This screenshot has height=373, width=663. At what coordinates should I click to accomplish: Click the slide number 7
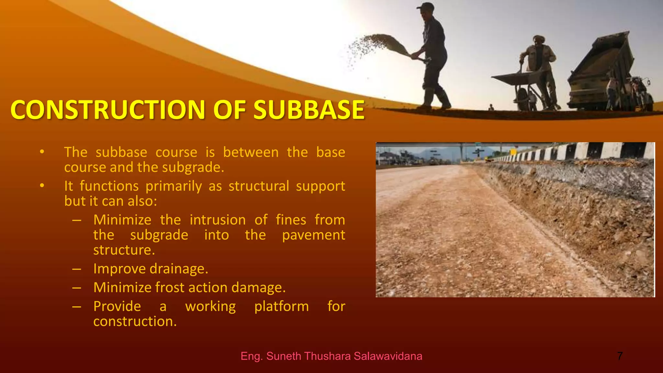pyautogui.click(x=620, y=356)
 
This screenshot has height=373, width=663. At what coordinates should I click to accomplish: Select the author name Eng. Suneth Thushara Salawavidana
pyautogui.click(x=331, y=356)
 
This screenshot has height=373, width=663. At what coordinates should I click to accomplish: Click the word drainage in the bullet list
pyautogui.click(x=179, y=269)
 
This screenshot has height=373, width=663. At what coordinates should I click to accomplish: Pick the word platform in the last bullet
pyautogui.click(x=281, y=307)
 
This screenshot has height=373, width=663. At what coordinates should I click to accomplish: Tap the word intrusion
pyautogui.click(x=218, y=220)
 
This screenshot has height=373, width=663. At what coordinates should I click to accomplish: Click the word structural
pyautogui.click(x=259, y=186)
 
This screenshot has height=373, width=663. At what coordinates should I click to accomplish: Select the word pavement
pyautogui.click(x=313, y=235)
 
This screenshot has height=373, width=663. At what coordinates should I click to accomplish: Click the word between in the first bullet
pyautogui.click(x=251, y=152)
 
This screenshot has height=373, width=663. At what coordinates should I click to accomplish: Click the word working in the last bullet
pyautogui.click(x=210, y=307)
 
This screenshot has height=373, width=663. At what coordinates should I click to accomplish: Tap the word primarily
pyautogui.click(x=174, y=186)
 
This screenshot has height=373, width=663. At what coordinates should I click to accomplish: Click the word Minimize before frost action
pyautogui.click(x=122, y=288)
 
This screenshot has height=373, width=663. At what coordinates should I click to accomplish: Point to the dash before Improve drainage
pyautogui.click(x=77, y=269)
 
